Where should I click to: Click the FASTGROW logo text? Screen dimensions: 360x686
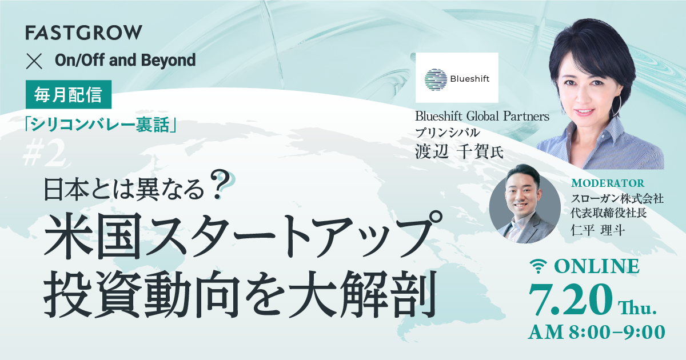(83, 33)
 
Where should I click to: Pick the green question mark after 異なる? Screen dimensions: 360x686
(219, 185)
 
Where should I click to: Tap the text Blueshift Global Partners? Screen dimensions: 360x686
(482, 117)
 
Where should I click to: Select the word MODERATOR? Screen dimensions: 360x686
(607, 183)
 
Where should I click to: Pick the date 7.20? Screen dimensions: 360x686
(571, 297)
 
